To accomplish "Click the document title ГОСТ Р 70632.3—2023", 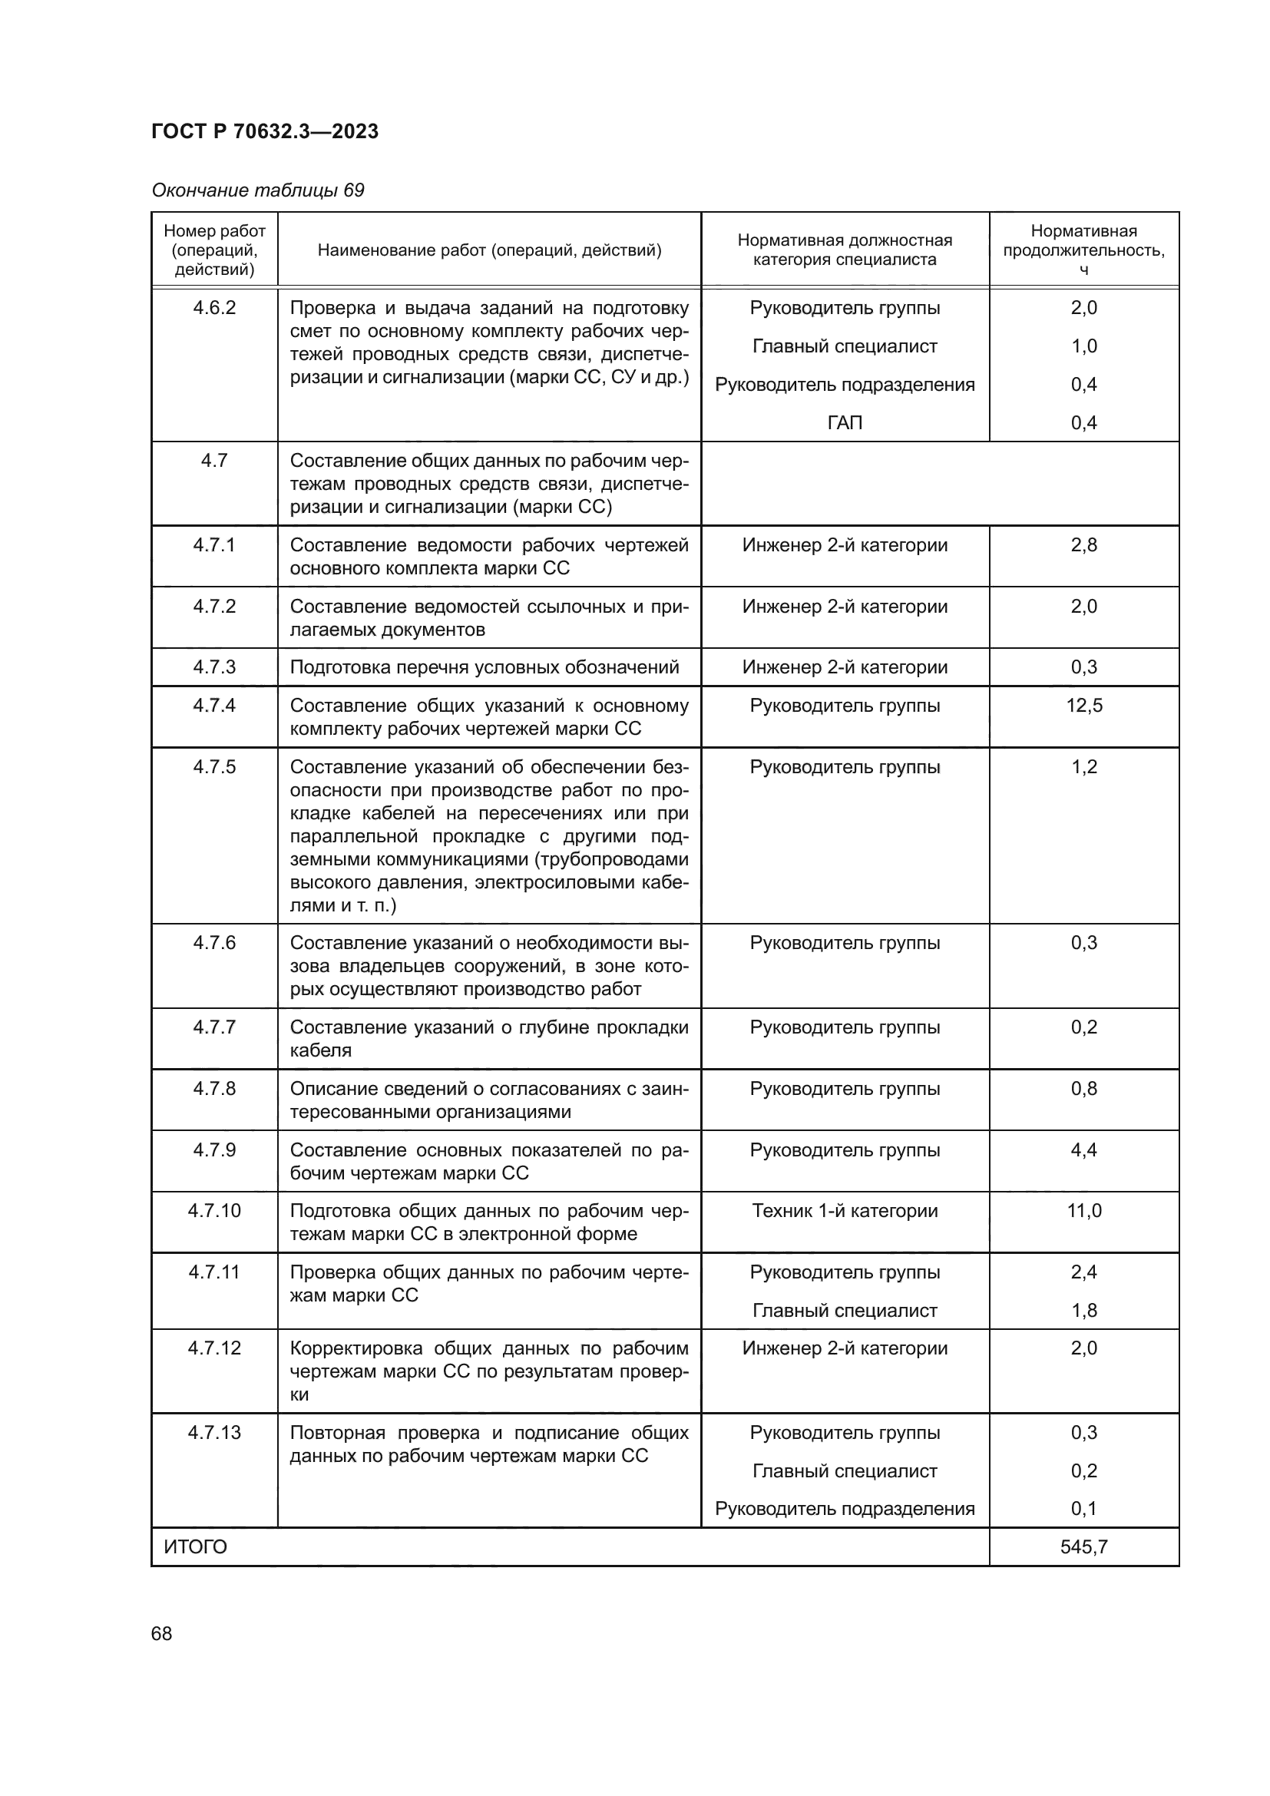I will [x=264, y=131].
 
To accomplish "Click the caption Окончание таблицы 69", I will [x=257, y=190].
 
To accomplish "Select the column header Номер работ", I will [x=214, y=232].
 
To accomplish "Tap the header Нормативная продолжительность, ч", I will [x=1083, y=250].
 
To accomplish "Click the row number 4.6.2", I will [x=214, y=307].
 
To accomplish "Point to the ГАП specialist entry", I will [x=845, y=423].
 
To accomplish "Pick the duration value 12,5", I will [x=1084, y=706].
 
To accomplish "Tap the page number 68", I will [x=162, y=1633].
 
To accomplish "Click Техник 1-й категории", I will [x=845, y=1211].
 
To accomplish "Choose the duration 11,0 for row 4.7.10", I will [x=1084, y=1211].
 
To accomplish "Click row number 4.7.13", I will [x=214, y=1432].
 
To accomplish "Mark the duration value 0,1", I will [x=1084, y=1508].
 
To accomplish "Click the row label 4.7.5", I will [x=214, y=766].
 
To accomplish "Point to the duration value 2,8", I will [x=1084, y=544].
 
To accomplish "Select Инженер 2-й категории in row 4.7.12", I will [x=845, y=1348].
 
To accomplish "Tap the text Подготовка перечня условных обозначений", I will [x=484, y=667].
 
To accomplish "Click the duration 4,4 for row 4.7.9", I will [x=1084, y=1150].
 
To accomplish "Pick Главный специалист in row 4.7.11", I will [x=845, y=1310].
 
